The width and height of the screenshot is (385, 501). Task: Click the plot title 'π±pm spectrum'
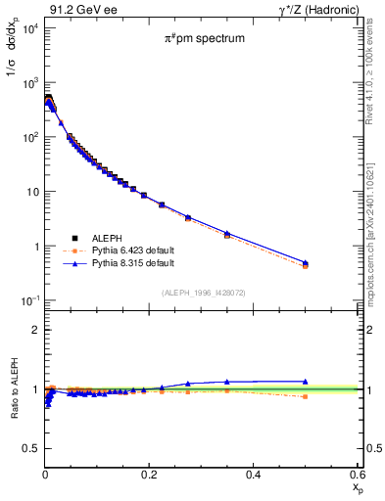[x=204, y=40]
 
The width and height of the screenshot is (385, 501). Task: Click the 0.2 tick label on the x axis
[x=149, y=473]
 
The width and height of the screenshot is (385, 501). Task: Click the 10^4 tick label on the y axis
[x=27, y=27]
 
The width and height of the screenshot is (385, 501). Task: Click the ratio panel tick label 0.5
[x=29, y=448]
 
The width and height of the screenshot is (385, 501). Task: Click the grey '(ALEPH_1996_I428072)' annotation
[x=204, y=292]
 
